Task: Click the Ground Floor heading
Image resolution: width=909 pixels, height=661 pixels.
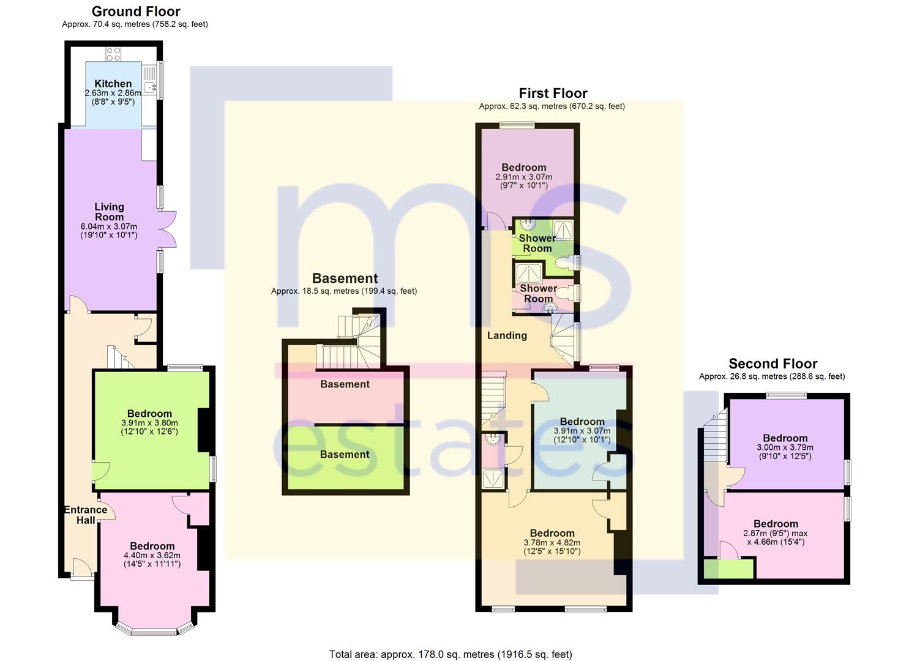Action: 136,12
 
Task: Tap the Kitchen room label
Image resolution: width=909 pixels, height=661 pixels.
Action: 113,84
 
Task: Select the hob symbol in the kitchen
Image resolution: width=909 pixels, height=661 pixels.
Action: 114,54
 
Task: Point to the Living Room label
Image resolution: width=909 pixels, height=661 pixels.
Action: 109,212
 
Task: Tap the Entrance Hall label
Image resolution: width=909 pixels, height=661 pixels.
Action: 86,515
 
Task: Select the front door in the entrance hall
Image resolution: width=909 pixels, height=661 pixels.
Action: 83,567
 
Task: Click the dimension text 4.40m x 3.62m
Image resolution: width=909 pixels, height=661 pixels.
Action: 152,556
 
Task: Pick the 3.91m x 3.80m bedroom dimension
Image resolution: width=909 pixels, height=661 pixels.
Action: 149,423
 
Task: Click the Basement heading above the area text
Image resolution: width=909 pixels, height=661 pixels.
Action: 345,278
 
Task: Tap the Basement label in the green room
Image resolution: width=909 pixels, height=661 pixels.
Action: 345,455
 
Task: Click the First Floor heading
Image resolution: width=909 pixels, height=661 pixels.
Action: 553,93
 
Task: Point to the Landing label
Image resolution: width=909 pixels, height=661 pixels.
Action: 507,335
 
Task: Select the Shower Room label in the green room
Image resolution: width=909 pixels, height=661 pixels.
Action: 537,243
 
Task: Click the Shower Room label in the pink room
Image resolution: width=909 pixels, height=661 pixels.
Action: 539,293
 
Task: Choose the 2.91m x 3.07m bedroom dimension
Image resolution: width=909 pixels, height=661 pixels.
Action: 523,177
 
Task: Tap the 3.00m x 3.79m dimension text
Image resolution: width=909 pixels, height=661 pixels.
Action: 785,447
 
